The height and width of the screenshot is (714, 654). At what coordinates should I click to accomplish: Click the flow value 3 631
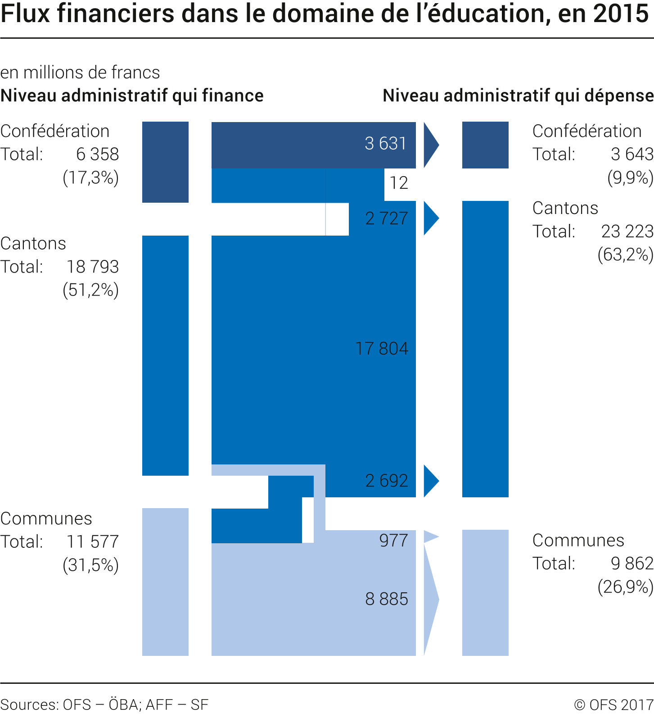click(385, 144)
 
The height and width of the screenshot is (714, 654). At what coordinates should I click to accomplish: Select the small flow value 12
click(399, 183)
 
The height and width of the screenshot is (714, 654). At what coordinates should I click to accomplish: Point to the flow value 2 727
click(387, 218)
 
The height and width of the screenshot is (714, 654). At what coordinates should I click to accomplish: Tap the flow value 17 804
click(382, 349)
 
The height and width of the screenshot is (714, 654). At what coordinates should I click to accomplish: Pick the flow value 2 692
click(387, 481)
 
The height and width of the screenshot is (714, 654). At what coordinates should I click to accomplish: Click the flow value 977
click(393, 541)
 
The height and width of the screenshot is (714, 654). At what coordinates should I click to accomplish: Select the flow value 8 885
click(387, 599)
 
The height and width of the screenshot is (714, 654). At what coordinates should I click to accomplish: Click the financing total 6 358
click(97, 155)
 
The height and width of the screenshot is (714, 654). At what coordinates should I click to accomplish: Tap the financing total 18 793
click(93, 267)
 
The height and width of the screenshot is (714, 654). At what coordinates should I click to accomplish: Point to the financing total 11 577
click(93, 542)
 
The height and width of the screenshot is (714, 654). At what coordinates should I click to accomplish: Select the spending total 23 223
click(627, 232)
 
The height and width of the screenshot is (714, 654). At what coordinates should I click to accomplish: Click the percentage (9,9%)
click(630, 178)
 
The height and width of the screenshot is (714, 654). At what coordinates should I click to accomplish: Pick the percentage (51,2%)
click(91, 290)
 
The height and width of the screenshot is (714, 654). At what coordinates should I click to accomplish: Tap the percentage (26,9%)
click(625, 587)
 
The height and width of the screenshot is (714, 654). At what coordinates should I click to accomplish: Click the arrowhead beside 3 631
click(430, 145)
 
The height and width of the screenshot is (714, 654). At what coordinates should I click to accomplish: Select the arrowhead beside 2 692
click(430, 481)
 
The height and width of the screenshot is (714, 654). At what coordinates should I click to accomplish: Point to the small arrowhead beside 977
click(430, 537)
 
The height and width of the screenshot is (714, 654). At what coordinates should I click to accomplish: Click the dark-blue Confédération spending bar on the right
click(485, 145)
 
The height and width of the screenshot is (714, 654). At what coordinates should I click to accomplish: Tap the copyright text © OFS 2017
click(613, 705)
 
